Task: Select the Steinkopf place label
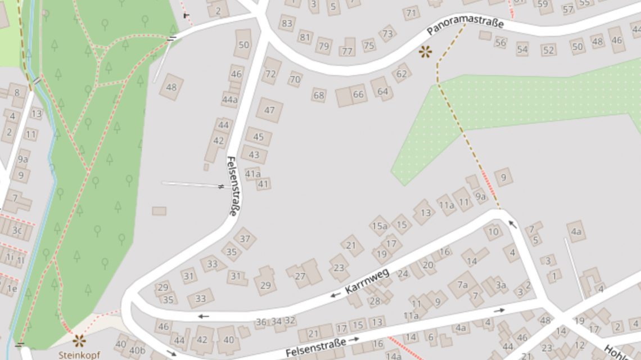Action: tap(79, 355)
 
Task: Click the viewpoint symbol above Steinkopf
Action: tap(79, 340)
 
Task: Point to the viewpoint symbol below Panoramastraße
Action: tap(426, 52)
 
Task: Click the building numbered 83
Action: tap(287, 23)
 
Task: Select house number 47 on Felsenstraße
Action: tap(269, 110)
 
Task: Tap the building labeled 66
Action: tap(358, 94)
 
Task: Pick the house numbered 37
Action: tap(245, 238)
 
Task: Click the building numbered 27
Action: tap(300, 276)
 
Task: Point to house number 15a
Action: tap(378, 226)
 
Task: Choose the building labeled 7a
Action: tap(462, 285)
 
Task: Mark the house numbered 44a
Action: tap(229, 100)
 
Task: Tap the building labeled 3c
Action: tap(17, 230)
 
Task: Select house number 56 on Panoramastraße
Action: tap(500, 43)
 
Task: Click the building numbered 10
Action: tap(493, 231)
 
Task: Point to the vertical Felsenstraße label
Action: tap(232, 185)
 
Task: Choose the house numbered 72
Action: tap(270, 74)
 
